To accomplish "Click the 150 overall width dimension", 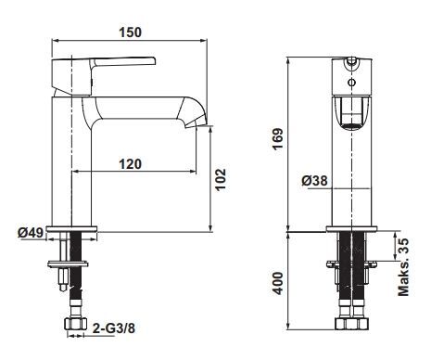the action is click(131, 32).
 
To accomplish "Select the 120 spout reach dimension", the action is click(131, 164).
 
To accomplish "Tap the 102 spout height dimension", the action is click(221, 180).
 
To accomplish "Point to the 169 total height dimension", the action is click(277, 139).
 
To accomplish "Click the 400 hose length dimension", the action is click(278, 283).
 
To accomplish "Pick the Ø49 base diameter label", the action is click(31, 232).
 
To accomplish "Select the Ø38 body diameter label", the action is click(314, 181).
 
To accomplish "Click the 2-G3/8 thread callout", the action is click(114, 328).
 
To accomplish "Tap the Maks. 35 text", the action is click(403, 267).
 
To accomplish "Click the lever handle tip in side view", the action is click(154, 60).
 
